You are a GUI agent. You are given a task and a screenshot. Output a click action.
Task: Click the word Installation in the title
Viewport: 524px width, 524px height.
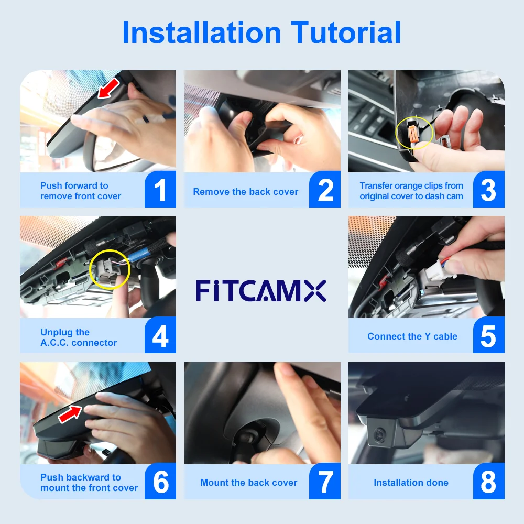tap(202, 32)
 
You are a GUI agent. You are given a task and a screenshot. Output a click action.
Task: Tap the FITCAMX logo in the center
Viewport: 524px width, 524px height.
tap(261, 290)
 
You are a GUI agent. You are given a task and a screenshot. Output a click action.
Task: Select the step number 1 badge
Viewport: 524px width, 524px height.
tap(160, 190)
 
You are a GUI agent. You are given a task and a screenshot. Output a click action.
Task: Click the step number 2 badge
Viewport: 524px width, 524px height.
tap(325, 190)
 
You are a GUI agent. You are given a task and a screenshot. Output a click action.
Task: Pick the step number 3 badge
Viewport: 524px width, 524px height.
tap(488, 190)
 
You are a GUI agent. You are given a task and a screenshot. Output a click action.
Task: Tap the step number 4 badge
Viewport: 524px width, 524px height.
tap(160, 336)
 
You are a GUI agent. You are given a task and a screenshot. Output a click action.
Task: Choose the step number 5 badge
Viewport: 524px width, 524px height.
tap(488, 336)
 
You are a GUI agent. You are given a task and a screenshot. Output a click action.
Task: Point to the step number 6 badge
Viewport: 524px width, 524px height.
tap(160, 482)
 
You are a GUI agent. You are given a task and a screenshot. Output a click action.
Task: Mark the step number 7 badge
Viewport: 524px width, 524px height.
tap(325, 482)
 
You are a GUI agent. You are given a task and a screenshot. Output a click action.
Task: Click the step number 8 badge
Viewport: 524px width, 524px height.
tap(488, 482)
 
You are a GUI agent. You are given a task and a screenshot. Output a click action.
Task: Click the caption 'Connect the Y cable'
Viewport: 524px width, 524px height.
tap(412, 336)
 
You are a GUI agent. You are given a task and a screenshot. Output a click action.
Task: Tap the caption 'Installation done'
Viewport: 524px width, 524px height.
tap(411, 483)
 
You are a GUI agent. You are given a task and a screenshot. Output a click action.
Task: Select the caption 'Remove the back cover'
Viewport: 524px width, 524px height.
tap(245, 192)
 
